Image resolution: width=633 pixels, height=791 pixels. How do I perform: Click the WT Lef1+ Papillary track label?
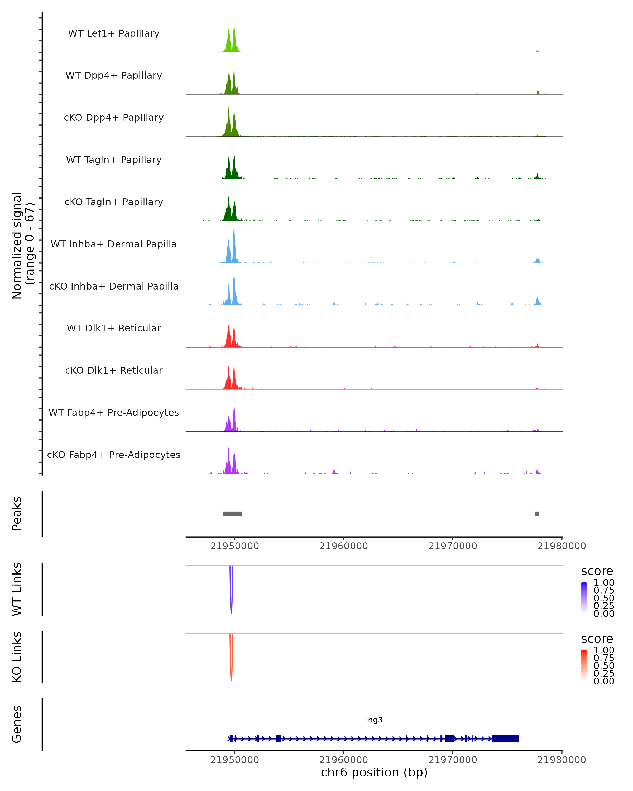click(114, 33)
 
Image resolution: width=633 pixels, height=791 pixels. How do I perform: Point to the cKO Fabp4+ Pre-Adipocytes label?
click(114, 455)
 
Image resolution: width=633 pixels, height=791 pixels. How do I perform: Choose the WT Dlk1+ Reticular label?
click(114, 328)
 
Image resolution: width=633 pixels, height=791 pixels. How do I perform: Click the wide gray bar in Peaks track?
click(232, 514)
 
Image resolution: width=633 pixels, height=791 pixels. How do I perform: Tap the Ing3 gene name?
click(374, 720)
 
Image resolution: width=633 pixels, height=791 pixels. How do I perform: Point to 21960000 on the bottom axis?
click(343, 760)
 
